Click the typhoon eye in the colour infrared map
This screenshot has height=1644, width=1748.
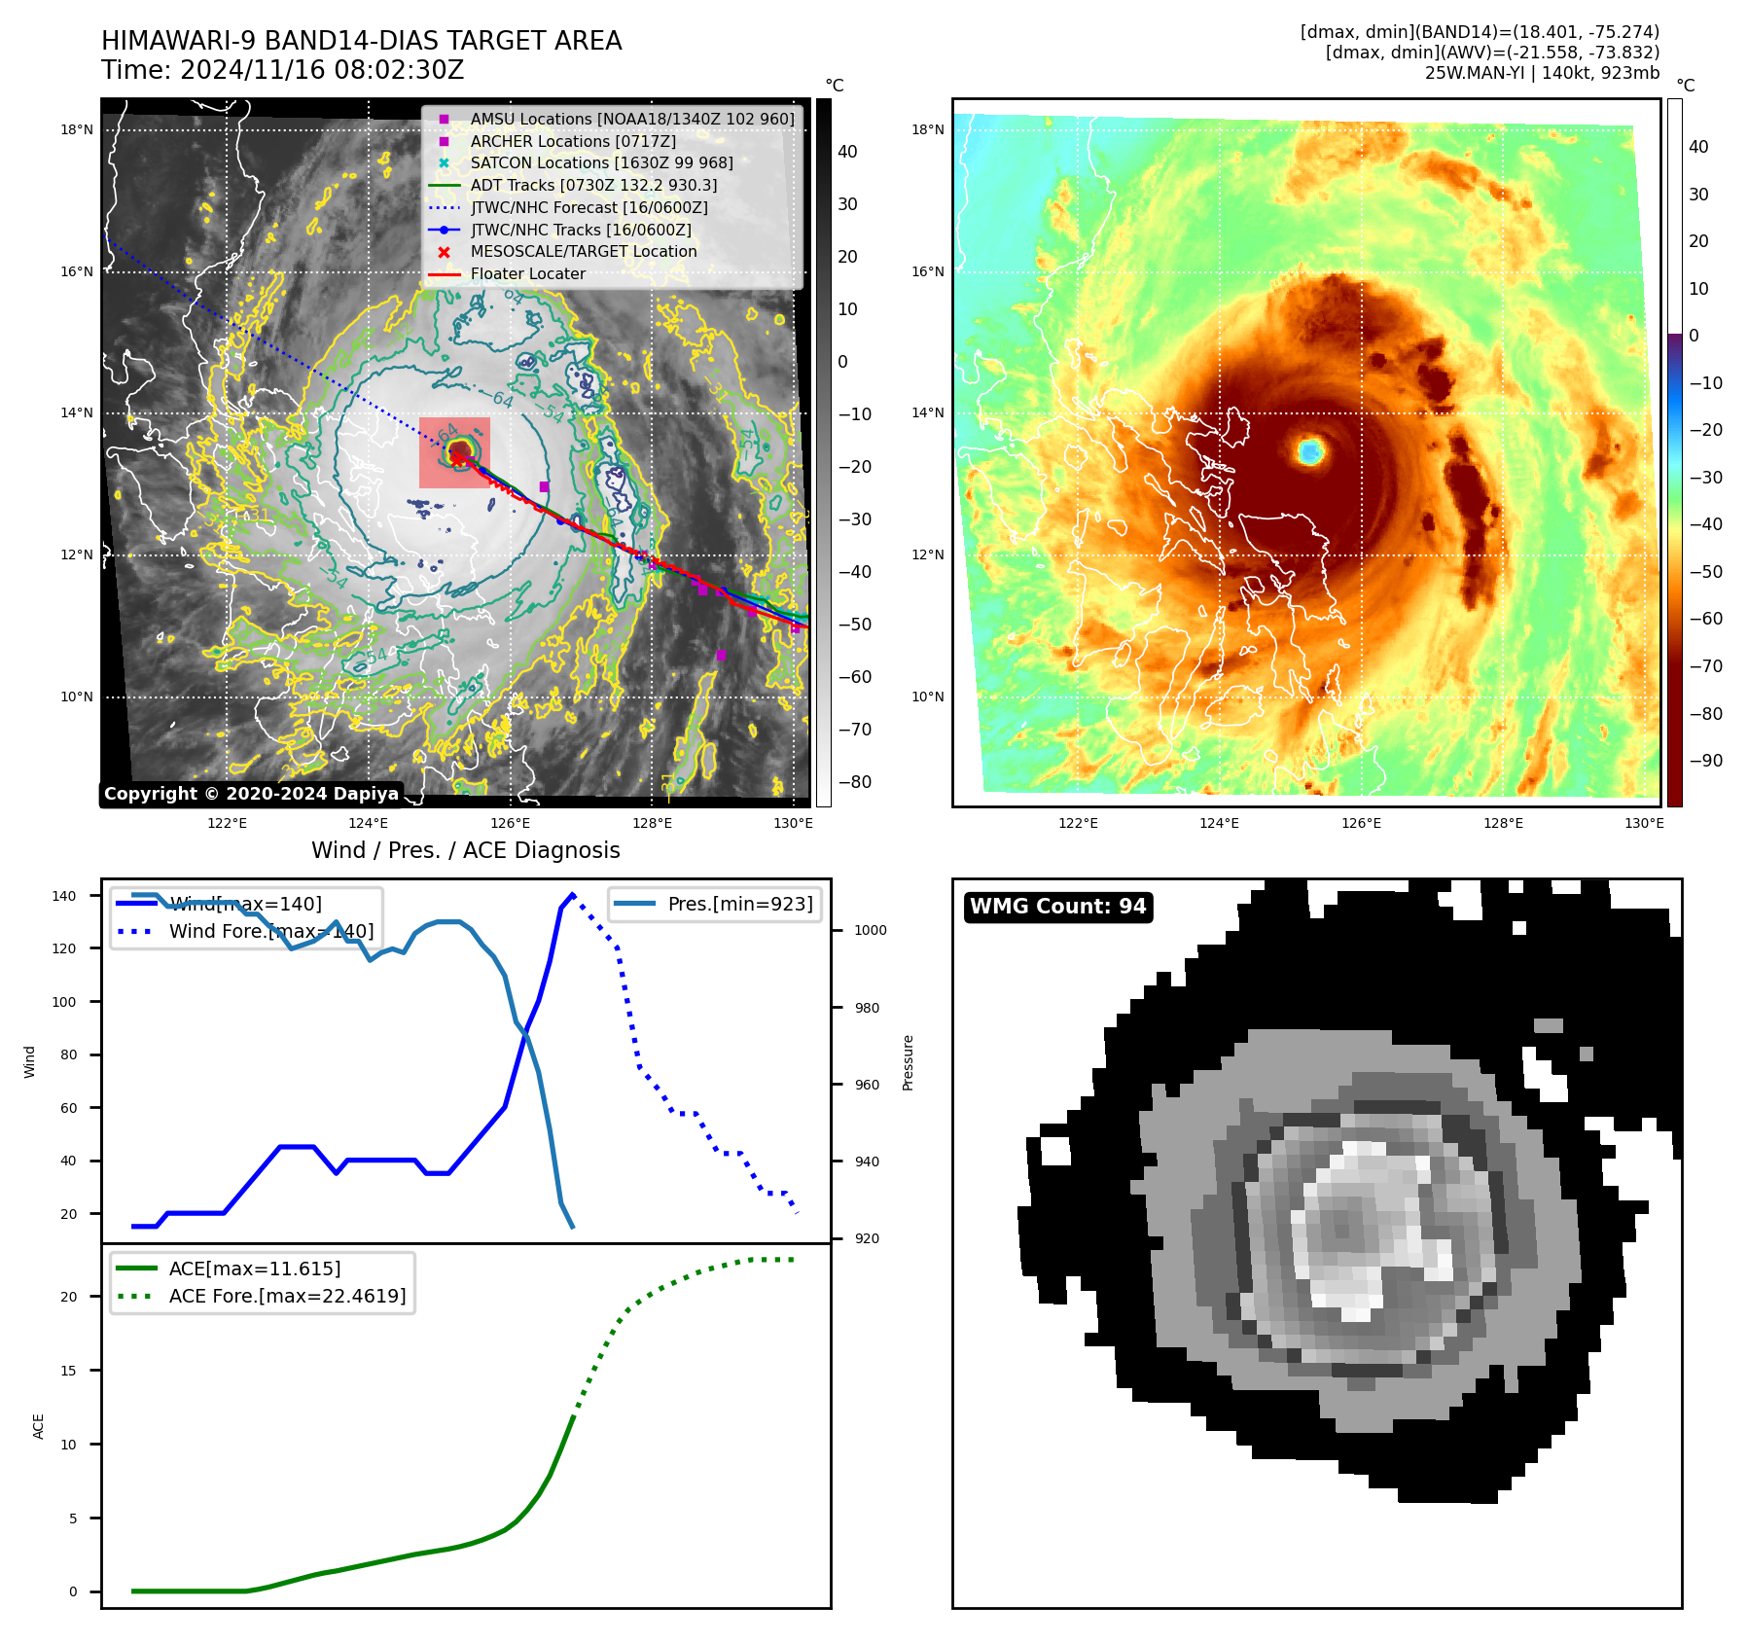tap(1310, 451)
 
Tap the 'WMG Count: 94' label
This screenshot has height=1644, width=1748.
tap(1057, 907)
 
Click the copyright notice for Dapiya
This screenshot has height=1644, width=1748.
tap(251, 794)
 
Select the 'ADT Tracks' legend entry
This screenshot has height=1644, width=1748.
tap(593, 185)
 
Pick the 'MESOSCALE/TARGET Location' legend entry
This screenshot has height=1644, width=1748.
tap(584, 251)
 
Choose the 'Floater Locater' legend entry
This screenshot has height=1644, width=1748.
tap(528, 274)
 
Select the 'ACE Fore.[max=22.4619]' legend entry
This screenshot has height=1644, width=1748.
tap(287, 1296)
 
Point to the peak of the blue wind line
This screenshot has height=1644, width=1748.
tap(572, 894)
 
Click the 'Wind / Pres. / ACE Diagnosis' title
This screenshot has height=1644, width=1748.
tap(465, 850)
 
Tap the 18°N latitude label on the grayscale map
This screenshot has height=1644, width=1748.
tap(77, 129)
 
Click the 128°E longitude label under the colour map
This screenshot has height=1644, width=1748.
tap(1503, 823)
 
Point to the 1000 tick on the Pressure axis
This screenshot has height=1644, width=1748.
tap(870, 930)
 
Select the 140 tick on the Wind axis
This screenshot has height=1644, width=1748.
tap(64, 896)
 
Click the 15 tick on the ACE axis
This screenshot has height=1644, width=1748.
tap(68, 1371)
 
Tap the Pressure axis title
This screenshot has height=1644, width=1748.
tap(908, 1062)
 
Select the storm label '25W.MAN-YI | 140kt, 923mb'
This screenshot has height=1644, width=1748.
tap(1542, 73)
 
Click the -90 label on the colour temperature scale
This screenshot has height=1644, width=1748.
tap(1706, 761)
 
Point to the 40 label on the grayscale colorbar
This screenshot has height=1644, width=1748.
tap(847, 152)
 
